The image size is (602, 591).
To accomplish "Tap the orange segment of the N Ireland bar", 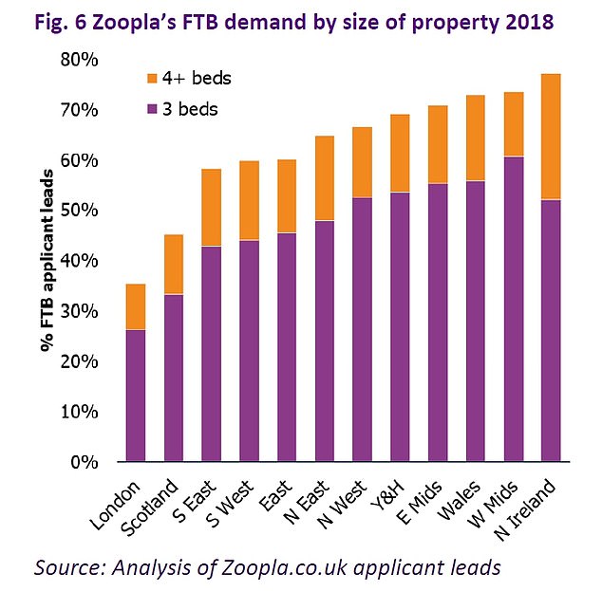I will tap(551, 137).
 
